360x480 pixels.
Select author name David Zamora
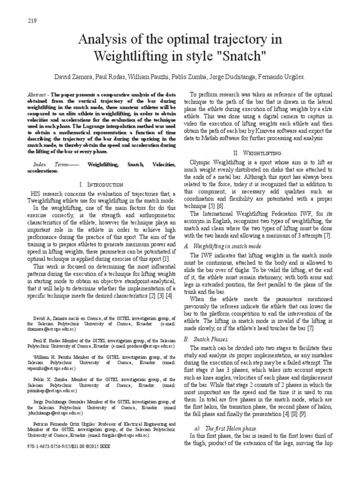[x=73, y=76]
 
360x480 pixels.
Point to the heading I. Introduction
[x=102, y=185]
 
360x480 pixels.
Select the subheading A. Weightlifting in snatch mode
[x=223, y=246]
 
